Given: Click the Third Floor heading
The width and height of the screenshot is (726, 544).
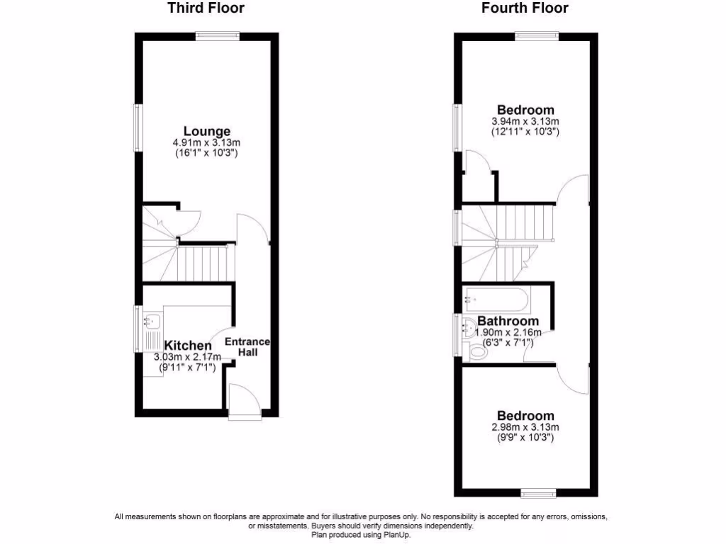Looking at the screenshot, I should (x=206, y=8).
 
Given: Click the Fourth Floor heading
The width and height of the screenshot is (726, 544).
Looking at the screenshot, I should (x=525, y=8).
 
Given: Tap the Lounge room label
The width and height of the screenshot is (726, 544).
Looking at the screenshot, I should (x=207, y=131).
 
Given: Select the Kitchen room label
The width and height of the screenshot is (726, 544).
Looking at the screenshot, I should (x=188, y=346).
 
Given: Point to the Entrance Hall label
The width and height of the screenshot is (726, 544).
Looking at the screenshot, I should (x=247, y=347).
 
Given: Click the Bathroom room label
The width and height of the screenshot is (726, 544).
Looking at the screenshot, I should (x=508, y=322).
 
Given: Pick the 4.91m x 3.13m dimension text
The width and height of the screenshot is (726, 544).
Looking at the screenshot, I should (x=207, y=143).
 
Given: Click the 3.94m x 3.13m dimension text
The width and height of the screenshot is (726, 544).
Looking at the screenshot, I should (x=525, y=121).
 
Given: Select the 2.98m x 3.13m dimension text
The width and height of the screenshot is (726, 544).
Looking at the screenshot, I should (x=525, y=427).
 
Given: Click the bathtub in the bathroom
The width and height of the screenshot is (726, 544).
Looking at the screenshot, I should (x=496, y=300).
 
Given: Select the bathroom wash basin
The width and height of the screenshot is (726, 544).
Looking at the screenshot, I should (x=469, y=328).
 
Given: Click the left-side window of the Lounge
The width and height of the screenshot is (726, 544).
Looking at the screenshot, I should (x=139, y=127).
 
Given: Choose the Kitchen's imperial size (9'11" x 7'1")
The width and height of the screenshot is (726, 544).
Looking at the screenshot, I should (x=187, y=367).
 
